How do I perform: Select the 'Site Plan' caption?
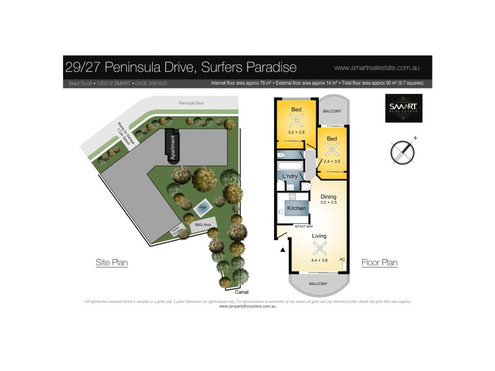click(x=111, y=263)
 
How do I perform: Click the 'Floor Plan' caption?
click(x=379, y=263)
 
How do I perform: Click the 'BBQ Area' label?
click(x=203, y=225)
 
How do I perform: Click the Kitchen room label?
click(x=296, y=208)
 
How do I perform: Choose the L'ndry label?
click(x=291, y=177)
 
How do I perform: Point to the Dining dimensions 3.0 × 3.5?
click(x=329, y=202)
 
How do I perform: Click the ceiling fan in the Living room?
click(x=320, y=249)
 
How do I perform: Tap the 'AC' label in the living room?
click(x=342, y=259)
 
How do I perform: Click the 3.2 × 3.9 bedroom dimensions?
click(x=296, y=132)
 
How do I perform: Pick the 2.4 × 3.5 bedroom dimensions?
click(x=332, y=161)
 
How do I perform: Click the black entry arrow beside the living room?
click(x=283, y=250)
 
